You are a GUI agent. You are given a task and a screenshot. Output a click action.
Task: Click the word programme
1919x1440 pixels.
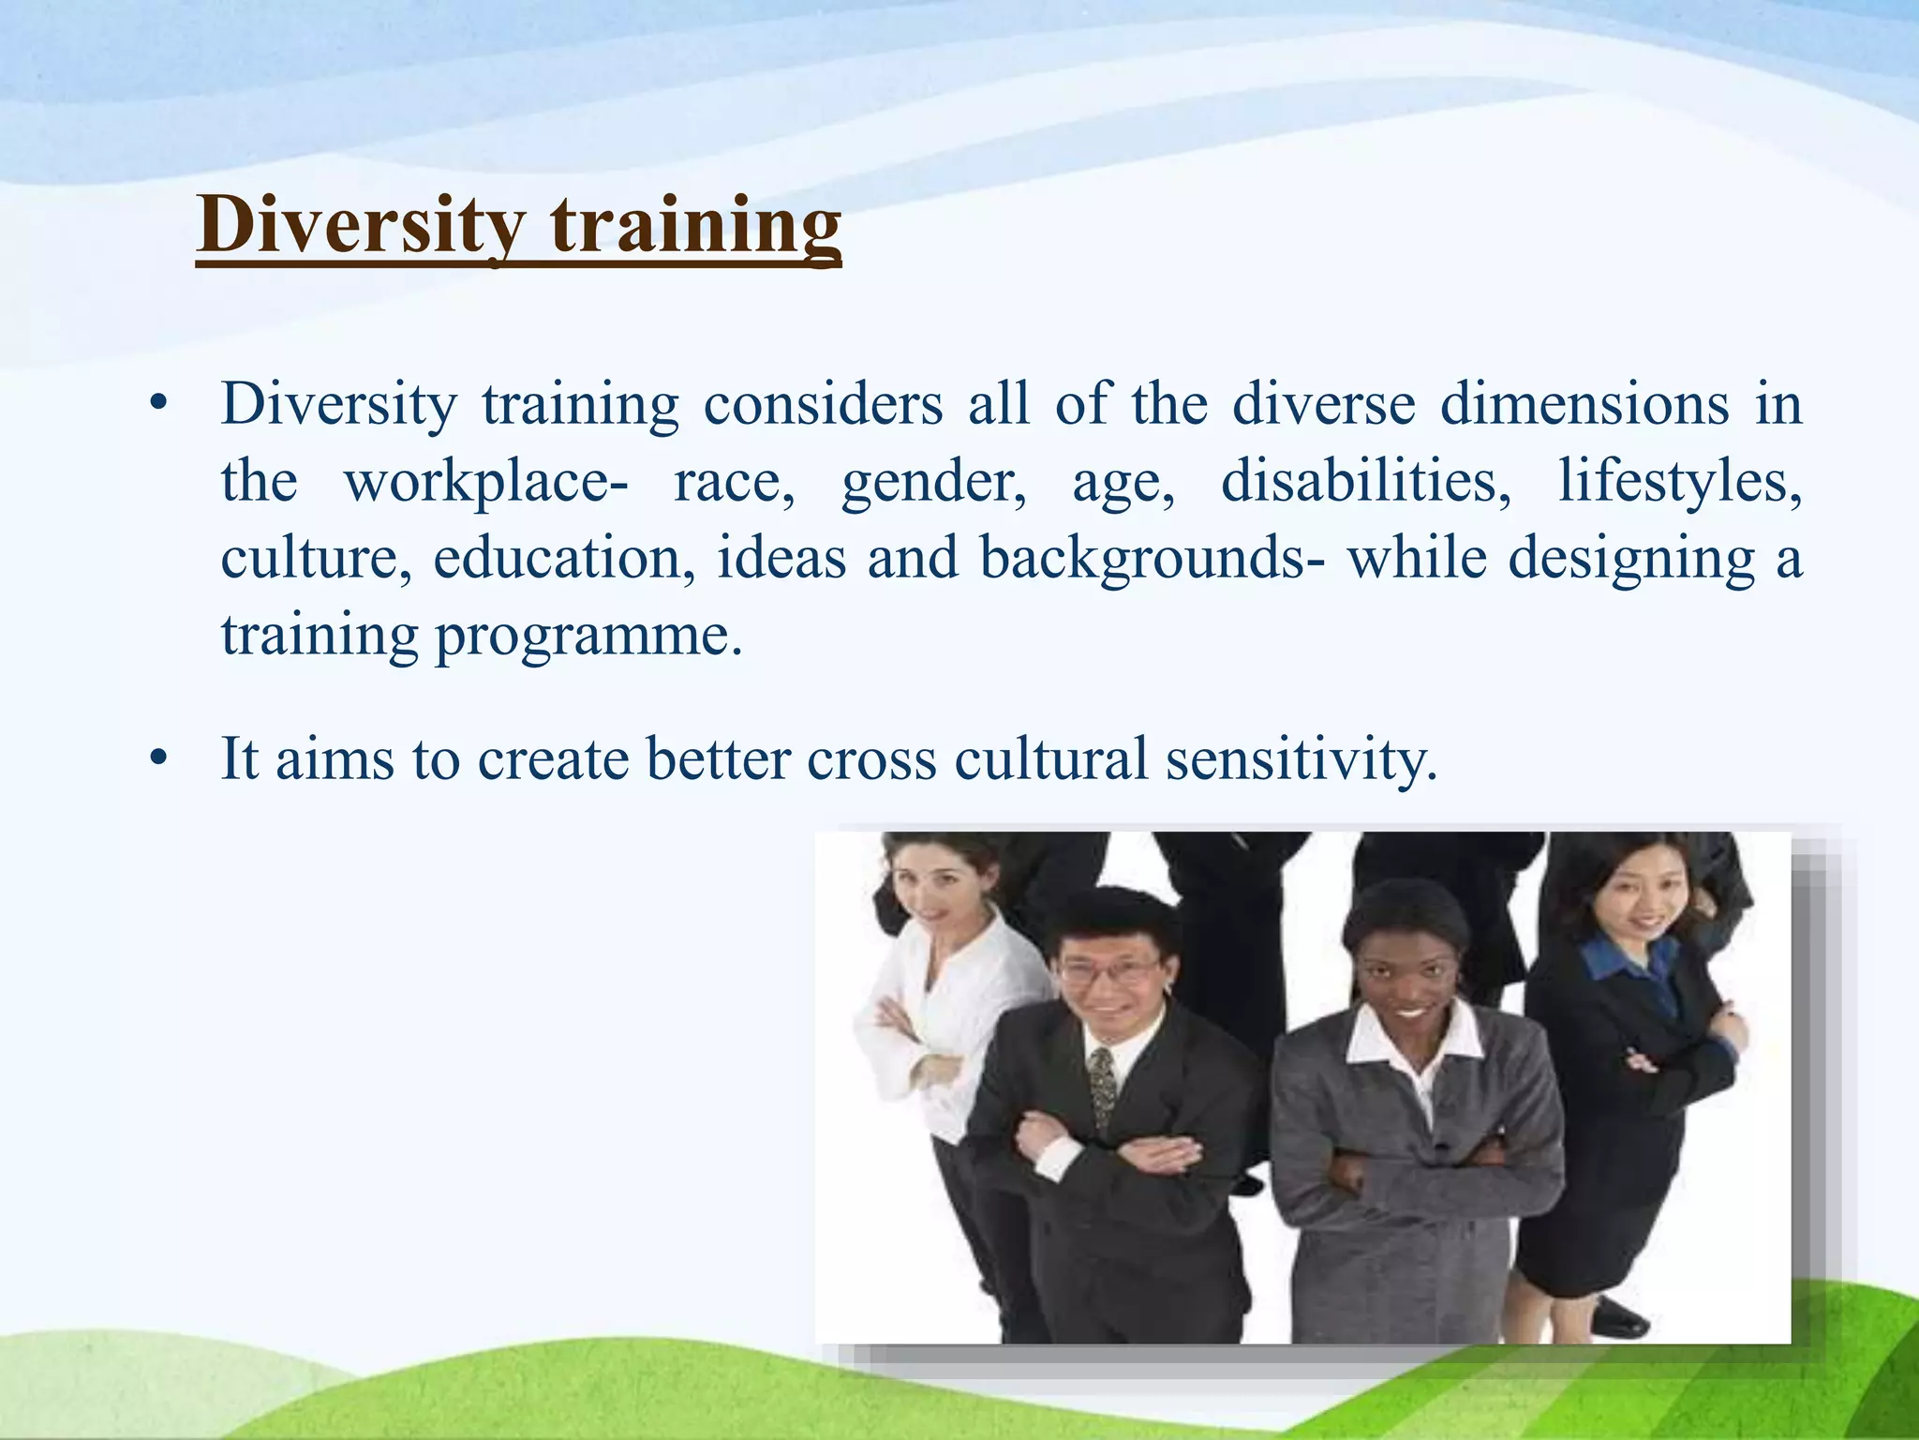click(588, 636)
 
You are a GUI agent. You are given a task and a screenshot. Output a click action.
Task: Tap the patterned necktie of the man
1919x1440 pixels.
click(1103, 1087)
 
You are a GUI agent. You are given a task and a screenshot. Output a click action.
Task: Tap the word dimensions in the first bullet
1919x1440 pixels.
click(1584, 405)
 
